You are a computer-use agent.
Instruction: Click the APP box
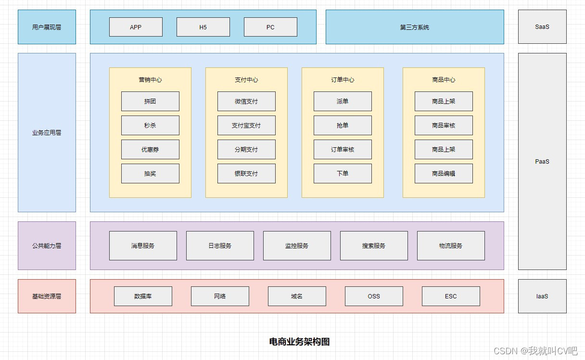(136, 27)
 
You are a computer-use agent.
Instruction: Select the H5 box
(203, 27)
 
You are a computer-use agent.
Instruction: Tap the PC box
(270, 27)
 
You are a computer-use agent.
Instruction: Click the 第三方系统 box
(415, 27)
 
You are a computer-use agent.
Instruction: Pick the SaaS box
(542, 27)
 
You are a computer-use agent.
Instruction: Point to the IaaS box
(542, 296)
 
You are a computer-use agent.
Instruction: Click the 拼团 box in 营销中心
(150, 101)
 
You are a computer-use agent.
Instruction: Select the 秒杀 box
(150, 125)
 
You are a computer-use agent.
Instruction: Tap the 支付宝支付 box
(246, 125)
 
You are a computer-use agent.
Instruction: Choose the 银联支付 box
(246, 173)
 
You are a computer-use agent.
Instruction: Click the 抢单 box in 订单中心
(343, 125)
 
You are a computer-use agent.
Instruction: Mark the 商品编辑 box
(444, 173)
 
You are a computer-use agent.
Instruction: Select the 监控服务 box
(297, 245)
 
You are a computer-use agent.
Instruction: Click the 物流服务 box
(451, 245)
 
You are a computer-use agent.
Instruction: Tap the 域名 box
(297, 296)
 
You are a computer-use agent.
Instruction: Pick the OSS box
(374, 296)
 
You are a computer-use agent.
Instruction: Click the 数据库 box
(143, 296)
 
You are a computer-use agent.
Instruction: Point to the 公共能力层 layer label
(47, 245)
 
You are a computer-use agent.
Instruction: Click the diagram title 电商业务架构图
(299, 342)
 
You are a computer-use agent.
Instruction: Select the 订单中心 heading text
(343, 80)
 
